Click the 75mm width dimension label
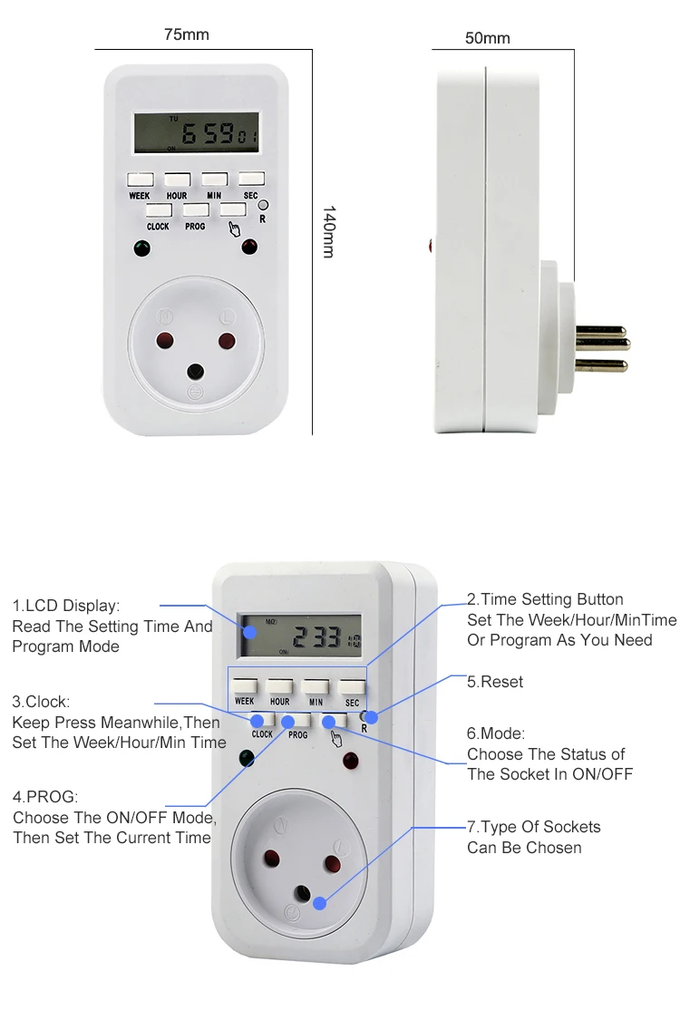click(x=186, y=34)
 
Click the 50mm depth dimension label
click(x=487, y=38)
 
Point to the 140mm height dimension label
click(x=329, y=232)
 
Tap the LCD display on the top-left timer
click(x=195, y=133)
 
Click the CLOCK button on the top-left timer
click(x=159, y=210)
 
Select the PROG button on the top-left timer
click(x=196, y=210)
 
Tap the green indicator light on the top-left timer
click(x=141, y=248)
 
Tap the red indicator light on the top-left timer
click(x=248, y=247)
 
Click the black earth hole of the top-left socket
click(x=195, y=370)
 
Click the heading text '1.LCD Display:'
click(x=65, y=606)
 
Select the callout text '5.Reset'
click(x=495, y=681)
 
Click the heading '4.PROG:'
click(x=45, y=797)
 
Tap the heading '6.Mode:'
click(x=496, y=733)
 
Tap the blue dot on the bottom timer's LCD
click(x=248, y=630)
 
